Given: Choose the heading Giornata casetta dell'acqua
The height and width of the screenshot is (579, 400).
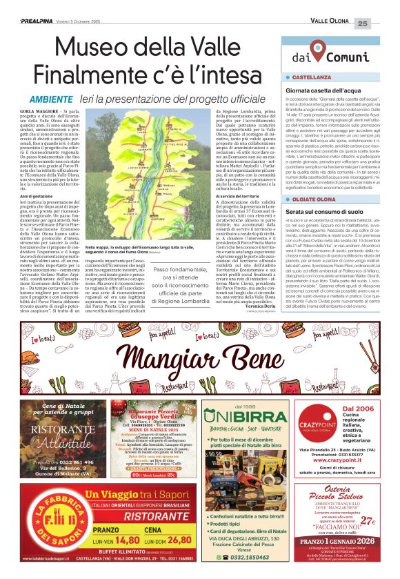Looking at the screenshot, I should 323,90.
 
